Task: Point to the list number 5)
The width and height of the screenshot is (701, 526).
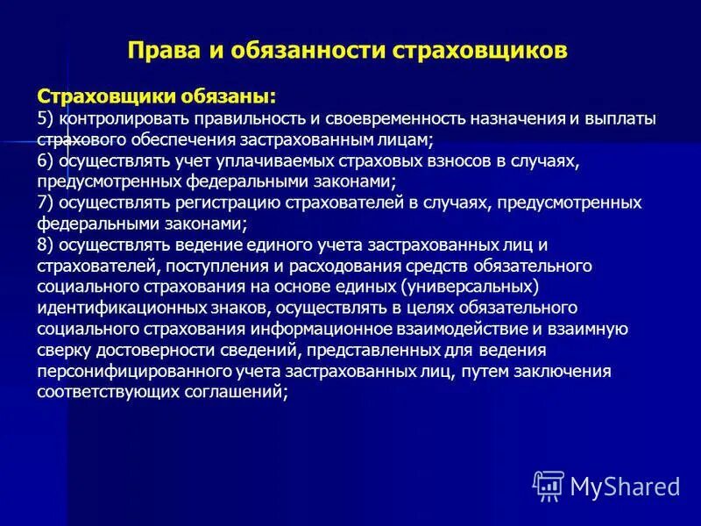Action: [x=46, y=118]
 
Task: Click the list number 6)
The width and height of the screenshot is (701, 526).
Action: [x=46, y=160]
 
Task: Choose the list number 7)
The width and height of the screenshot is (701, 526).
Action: [x=46, y=203]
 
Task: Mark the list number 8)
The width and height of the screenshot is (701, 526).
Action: [x=46, y=245]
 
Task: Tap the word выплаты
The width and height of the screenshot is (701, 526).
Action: [x=625, y=118]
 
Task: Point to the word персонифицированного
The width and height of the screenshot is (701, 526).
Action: [x=125, y=371]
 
